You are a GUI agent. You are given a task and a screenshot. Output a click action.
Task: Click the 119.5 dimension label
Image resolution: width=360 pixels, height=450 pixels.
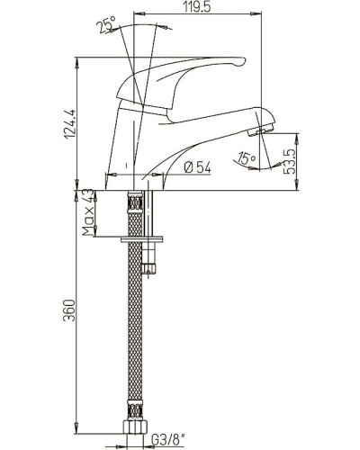[197, 7]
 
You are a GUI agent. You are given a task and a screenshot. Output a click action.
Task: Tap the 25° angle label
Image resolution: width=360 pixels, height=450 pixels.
[106, 24]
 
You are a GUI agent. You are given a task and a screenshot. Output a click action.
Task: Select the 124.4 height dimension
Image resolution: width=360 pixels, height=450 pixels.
[71, 123]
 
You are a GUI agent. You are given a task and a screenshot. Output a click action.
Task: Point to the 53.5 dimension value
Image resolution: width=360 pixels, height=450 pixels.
[290, 161]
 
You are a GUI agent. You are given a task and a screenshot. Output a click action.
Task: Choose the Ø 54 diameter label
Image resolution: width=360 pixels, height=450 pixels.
[198, 167]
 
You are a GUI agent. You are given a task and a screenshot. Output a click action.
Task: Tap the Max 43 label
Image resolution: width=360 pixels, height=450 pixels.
[87, 212]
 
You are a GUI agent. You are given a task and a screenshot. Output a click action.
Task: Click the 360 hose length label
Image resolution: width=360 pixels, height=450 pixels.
[69, 310]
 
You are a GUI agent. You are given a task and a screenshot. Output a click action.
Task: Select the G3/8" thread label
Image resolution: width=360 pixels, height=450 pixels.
[167, 441]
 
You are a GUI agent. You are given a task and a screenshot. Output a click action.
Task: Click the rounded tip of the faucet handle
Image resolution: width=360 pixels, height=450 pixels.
[241, 61]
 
